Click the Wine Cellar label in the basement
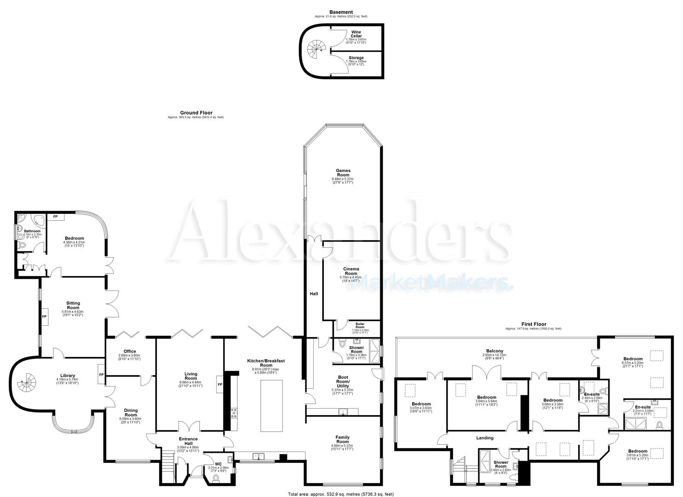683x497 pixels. [x=356, y=34]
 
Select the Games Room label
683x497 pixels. [x=343, y=173]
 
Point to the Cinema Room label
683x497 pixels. [x=351, y=271]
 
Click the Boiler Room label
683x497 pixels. [x=356, y=325]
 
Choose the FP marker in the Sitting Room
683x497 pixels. [x=45, y=317]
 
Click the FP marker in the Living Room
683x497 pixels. [x=220, y=384]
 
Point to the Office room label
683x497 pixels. [x=130, y=352]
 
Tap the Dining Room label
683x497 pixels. [x=131, y=413]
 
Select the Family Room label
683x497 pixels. [x=342, y=439]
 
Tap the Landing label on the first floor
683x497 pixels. [x=485, y=438]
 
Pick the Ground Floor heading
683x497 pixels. [x=196, y=113]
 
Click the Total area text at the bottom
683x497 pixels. [x=341, y=494]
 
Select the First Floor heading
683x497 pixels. [x=534, y=324]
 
